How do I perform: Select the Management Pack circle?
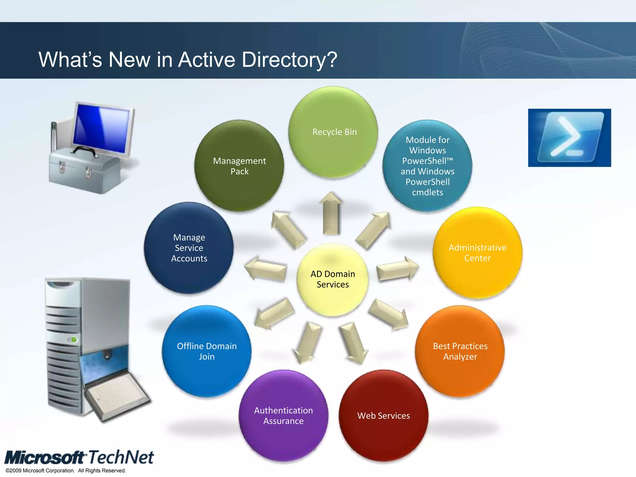click(239, 166)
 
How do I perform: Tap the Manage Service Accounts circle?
click(189, 248)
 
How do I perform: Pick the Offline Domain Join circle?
click(207, 351)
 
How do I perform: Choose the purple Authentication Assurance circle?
click(283, 416)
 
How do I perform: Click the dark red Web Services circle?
click(384, 416)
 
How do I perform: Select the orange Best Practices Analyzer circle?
click(460, 351)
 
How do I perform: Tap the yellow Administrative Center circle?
click(477, 253)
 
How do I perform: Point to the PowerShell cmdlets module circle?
click(427, 166)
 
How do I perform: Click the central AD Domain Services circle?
click(333, 279)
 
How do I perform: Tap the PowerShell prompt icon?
click(570, 138)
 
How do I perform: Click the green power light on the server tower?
click(74, 339)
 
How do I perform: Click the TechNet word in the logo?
click(121, 457)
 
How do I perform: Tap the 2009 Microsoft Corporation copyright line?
click(66, 470)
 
